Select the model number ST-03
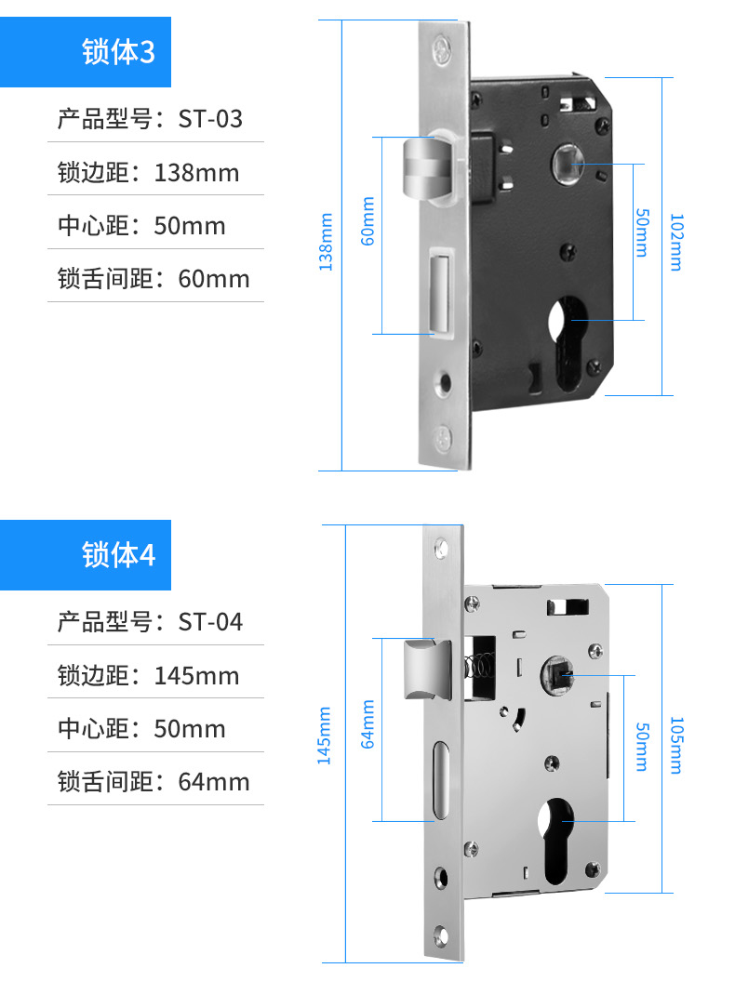pos(211,119)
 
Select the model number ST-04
pos(211,622)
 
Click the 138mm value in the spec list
pos(196,173)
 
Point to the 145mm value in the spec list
pos(196,676)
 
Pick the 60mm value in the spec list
pos(214,279)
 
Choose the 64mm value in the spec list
pos(214,782)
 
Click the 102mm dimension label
pos(676,242)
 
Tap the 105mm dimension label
pos(676,745)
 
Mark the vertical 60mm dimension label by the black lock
pos(367,221)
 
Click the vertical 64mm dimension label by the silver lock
pos(367,724)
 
